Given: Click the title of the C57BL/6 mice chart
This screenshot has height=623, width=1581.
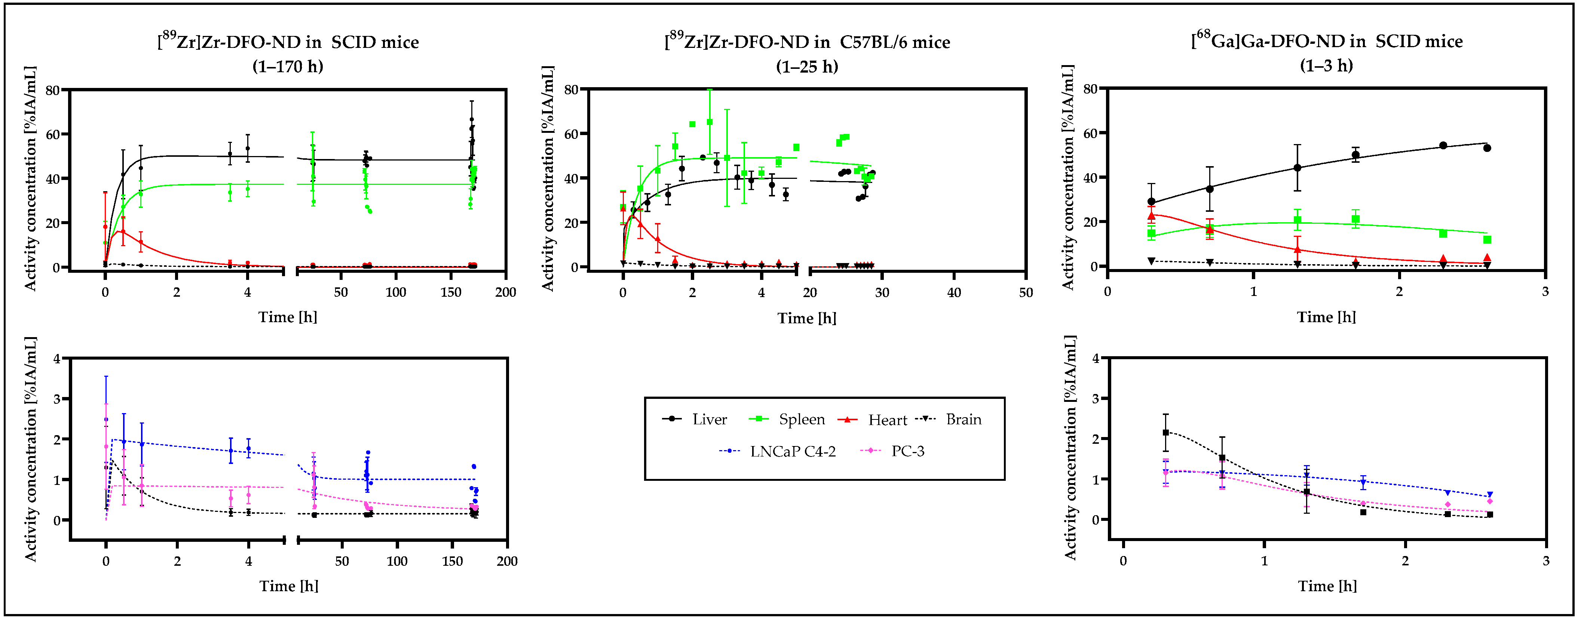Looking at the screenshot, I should [x=807, y=42].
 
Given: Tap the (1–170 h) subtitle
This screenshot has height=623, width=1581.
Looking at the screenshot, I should [x=288, y=66].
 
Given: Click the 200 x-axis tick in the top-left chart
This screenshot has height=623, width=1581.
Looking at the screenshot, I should [x=506, y=292].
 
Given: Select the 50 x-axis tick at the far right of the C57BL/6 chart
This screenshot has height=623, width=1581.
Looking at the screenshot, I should [x=1026, y=292].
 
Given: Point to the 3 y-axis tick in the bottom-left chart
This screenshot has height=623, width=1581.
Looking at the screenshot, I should [x=57, y=399].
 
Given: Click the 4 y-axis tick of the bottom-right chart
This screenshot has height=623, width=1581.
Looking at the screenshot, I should [x=1096, y=358].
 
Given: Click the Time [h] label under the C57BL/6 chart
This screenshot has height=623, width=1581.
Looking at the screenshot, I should [x=806, y=318].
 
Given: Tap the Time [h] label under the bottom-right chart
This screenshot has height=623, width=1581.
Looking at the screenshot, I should [x=1327, y=586].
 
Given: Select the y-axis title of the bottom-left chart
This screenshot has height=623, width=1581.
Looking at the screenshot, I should [x=31, y=449].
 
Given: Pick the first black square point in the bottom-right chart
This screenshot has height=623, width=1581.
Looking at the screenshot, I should [x=1165, y=433].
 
